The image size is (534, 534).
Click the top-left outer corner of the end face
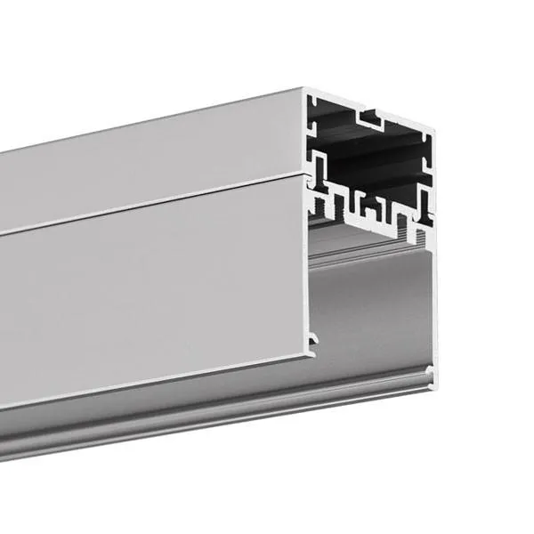tap(304, 90)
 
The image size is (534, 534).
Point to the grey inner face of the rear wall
tap(374, 303)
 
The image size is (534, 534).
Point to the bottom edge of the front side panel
tap(151, 383)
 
